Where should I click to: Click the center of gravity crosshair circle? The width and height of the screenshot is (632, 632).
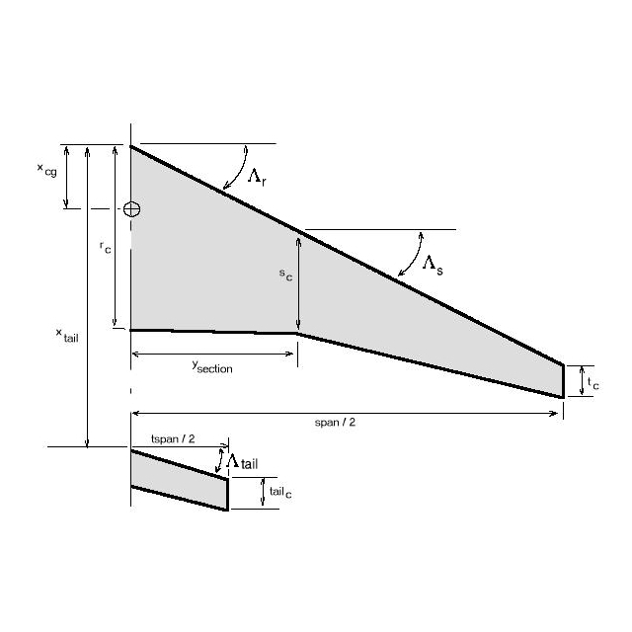coord(131,209)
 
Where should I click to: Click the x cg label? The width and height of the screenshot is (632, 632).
coord(47,170)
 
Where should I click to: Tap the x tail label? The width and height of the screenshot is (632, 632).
coord(67,336)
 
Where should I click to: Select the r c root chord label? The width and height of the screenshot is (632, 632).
coord(106,248)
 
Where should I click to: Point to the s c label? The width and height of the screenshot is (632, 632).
coord(285,275)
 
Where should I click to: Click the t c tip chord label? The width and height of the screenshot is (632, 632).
coord(592,383)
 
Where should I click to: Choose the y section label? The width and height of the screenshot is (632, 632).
coord(212,366)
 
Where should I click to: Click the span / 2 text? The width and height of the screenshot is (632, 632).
coord(335,423)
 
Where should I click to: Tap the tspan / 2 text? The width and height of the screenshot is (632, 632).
coord(173,438)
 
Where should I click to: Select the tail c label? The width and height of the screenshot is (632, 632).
coord(280,492)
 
